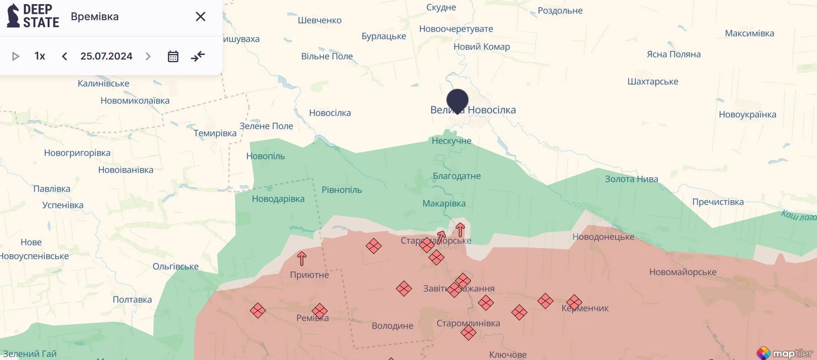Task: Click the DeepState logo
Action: [x=33, y=16]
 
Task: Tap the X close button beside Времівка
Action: [x=200, y=16]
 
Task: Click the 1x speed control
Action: [x=40, y=56]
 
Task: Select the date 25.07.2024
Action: [x=106, y=56]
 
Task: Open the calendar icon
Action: [x=173, y=56]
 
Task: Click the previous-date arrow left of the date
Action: [x=65, y=56]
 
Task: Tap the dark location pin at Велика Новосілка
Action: [x=457, y=100]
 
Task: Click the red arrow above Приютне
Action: [x=301, y=259]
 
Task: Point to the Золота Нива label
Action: [x=631, y=179]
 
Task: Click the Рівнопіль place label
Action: [x=342, y=190]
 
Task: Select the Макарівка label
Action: [x=444, y=203]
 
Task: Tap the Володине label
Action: [x=392, y=326]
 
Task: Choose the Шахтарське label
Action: [x=653, y=82]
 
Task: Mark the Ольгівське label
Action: [x=175, y=267]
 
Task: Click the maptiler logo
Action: [x=785, y=353]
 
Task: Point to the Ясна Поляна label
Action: [x=673, y=55]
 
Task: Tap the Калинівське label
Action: [x=103, y=83]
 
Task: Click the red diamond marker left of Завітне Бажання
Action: [x=404, y=289]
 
